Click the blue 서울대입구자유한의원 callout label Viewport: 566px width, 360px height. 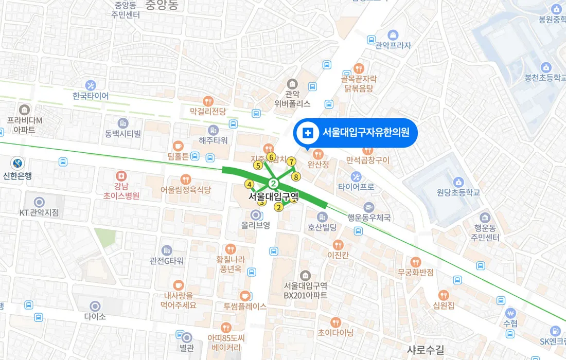[355, 133]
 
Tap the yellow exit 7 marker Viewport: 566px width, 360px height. [291, 161]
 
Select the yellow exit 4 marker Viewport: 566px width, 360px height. [249, 185]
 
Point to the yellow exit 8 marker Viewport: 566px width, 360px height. [296, 177]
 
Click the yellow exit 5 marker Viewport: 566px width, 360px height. [258, 165]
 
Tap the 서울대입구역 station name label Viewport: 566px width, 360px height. [273, 196]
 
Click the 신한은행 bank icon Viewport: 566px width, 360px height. [18, 163]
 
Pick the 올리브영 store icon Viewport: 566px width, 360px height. [255, 214]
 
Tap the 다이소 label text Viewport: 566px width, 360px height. [95, 317]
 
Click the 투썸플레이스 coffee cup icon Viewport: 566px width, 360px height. [245, 295]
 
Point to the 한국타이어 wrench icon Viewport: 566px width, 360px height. [91, 85]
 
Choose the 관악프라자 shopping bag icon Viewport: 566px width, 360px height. [393, 35]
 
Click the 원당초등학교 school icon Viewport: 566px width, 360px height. [458, 182]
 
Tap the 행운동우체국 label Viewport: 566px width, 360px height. [369, 218]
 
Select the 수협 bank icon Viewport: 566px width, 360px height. [510, 313]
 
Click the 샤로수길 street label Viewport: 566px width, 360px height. [425, 350]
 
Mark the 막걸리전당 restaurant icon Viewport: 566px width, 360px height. [208, 101]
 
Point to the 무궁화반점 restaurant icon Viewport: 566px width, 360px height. [416, 261]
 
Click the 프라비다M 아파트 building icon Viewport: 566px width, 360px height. [24, 110]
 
